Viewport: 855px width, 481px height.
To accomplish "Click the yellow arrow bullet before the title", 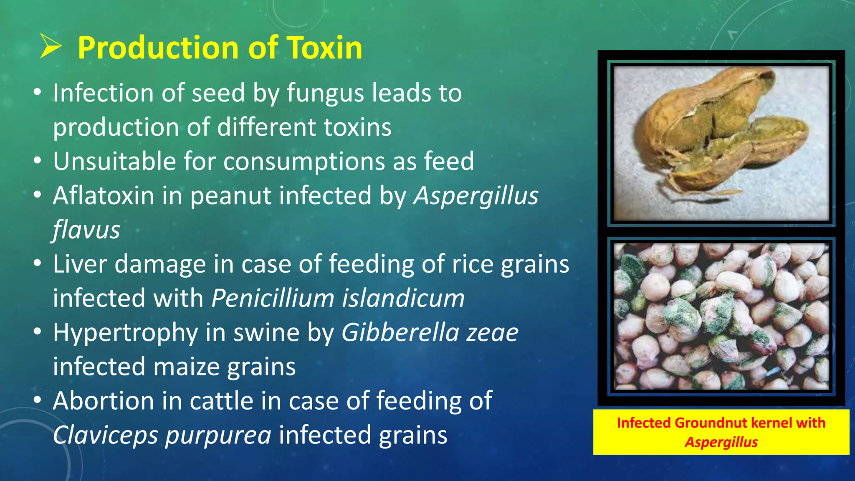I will click(51, 47).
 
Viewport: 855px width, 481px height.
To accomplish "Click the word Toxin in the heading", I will click(324, 48).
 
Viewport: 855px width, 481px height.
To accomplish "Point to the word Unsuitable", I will click(114, 161).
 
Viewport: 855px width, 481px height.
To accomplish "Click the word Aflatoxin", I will click(104, 195).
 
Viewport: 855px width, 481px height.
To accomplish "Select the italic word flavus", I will click(86, 230).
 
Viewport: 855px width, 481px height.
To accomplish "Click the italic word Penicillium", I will click(273, 298).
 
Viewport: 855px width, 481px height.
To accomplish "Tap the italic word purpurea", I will click(218, 436).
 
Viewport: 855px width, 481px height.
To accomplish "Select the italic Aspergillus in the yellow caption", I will click(721, 442).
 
